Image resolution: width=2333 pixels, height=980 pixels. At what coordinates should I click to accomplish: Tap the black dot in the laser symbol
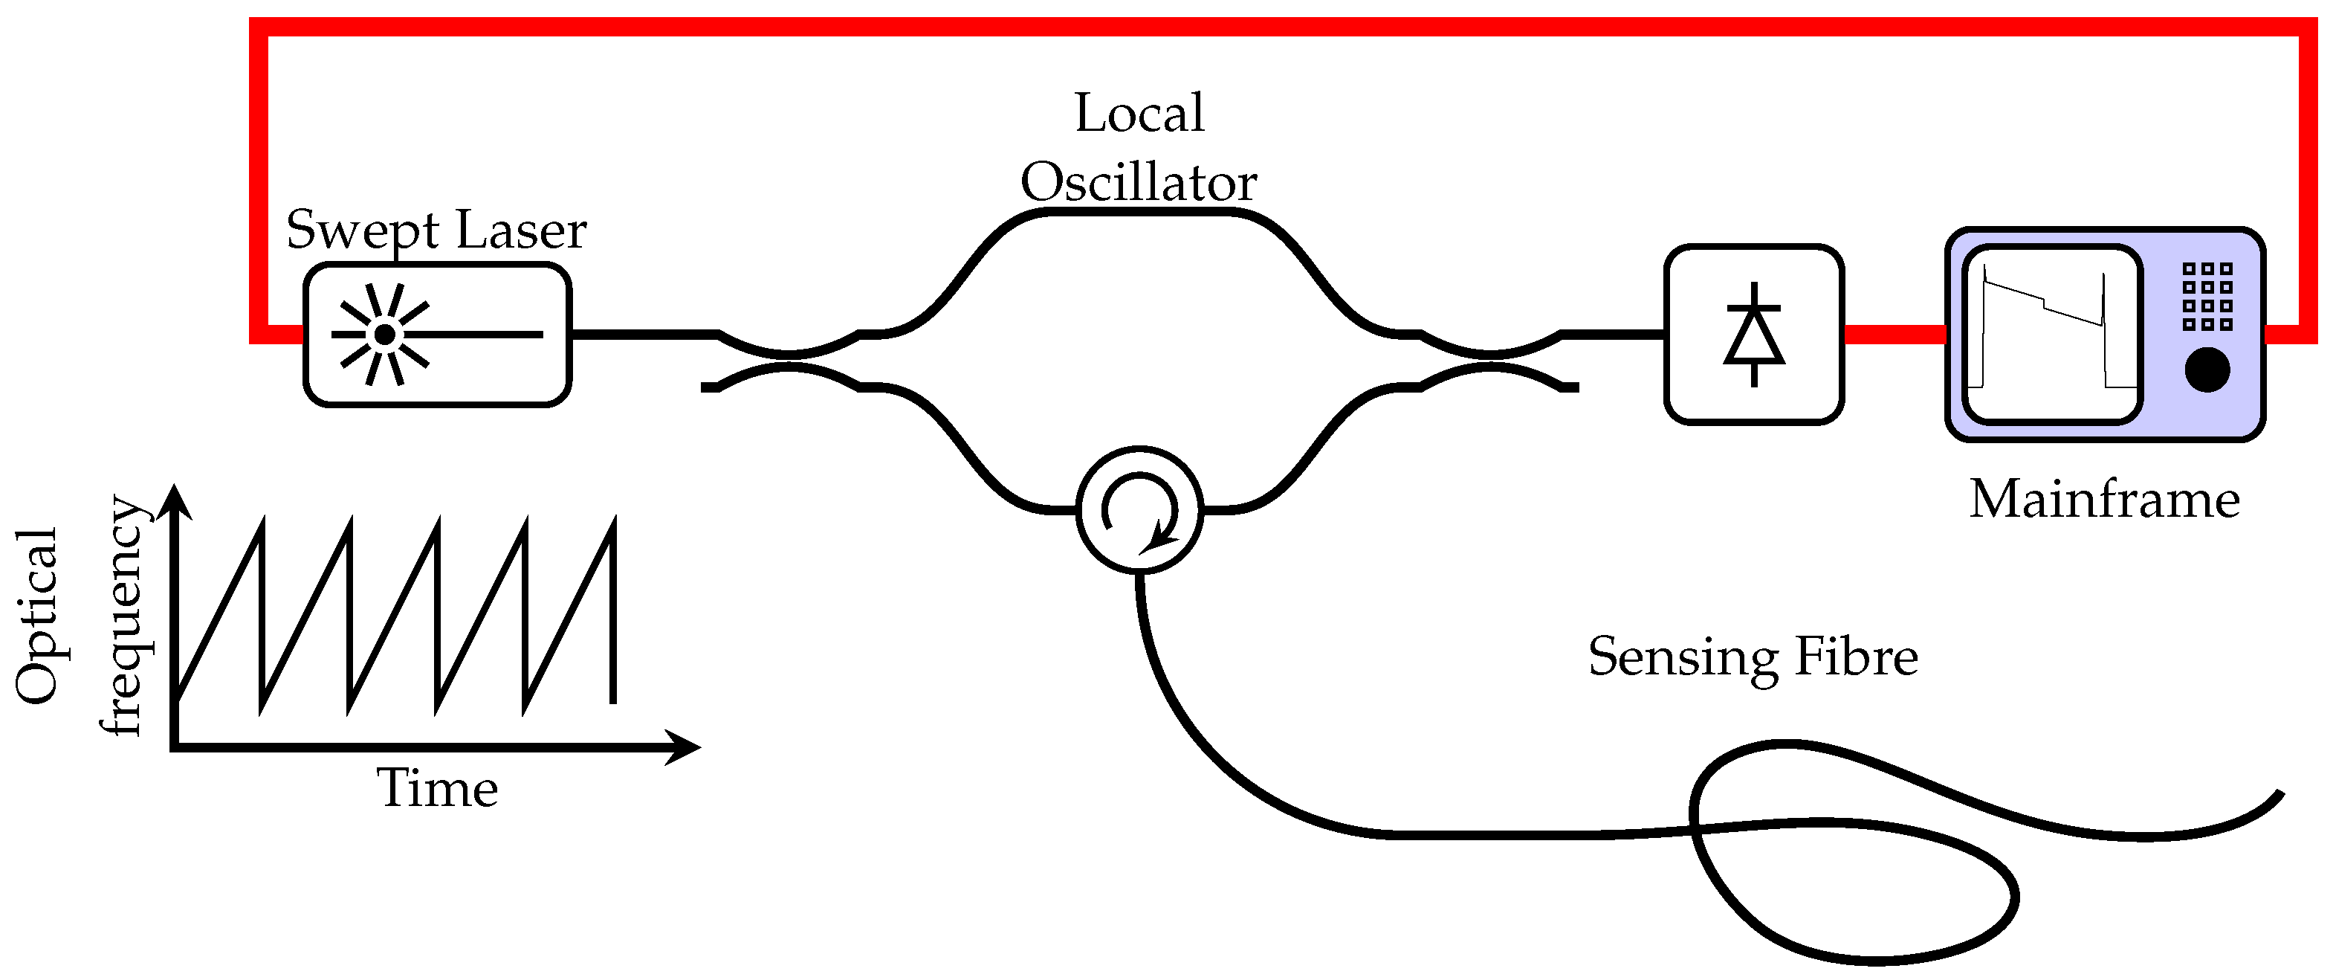coord(385,334)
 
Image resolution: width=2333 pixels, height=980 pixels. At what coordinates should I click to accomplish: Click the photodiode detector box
coord(1753,334)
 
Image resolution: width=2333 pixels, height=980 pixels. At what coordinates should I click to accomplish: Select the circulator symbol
coord(1139,510)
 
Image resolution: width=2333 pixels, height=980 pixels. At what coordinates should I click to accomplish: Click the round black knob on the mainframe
coord(2207,370)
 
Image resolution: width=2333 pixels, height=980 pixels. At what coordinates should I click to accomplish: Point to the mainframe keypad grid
coord(2207,296)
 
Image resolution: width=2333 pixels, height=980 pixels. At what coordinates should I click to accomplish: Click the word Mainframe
coord(2104,500)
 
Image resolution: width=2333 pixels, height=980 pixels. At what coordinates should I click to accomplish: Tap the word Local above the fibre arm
coord(1139,113)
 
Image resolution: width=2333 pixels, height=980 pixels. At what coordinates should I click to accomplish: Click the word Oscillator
coord(1139,183)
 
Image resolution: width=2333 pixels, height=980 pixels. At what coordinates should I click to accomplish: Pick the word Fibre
coord(1856,657)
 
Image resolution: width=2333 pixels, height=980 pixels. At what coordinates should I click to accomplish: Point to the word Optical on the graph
coord(37,616)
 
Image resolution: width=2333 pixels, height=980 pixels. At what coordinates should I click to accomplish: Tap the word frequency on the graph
coord(123,616)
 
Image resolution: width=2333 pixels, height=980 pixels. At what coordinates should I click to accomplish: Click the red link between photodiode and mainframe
coord(1894,334)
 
